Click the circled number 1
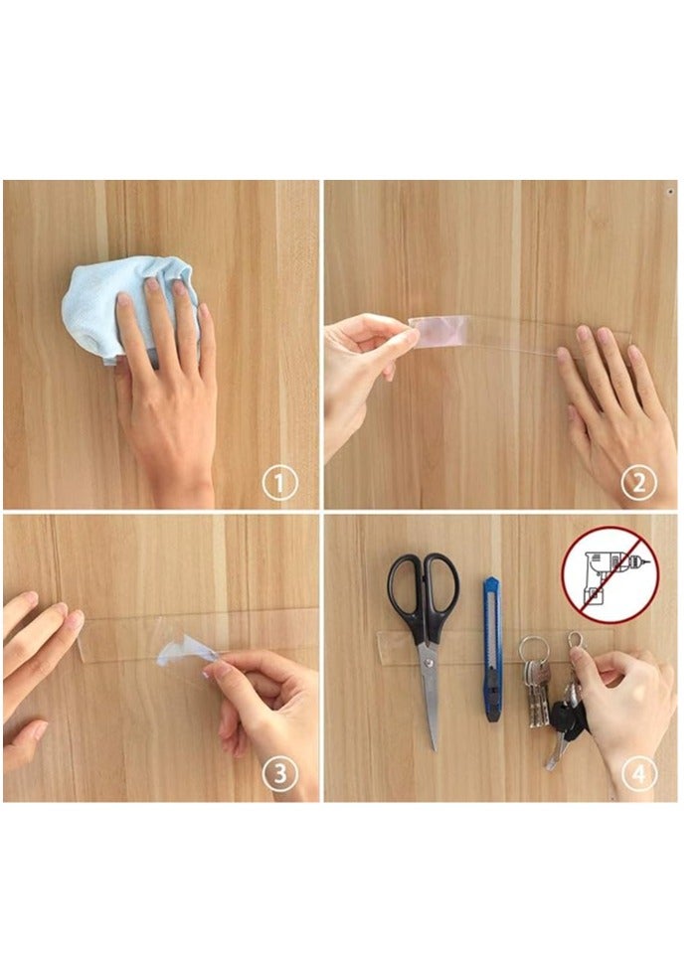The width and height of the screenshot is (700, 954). pos(279,484)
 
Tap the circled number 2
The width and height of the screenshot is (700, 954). pos(639,484)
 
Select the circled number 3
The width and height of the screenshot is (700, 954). pos(279,774)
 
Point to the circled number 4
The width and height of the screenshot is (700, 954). pos(639,774)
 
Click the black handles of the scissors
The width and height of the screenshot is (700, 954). pos(424,597)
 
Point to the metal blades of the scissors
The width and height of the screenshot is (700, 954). pos(431,696)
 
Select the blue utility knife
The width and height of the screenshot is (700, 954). pos(492,646)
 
